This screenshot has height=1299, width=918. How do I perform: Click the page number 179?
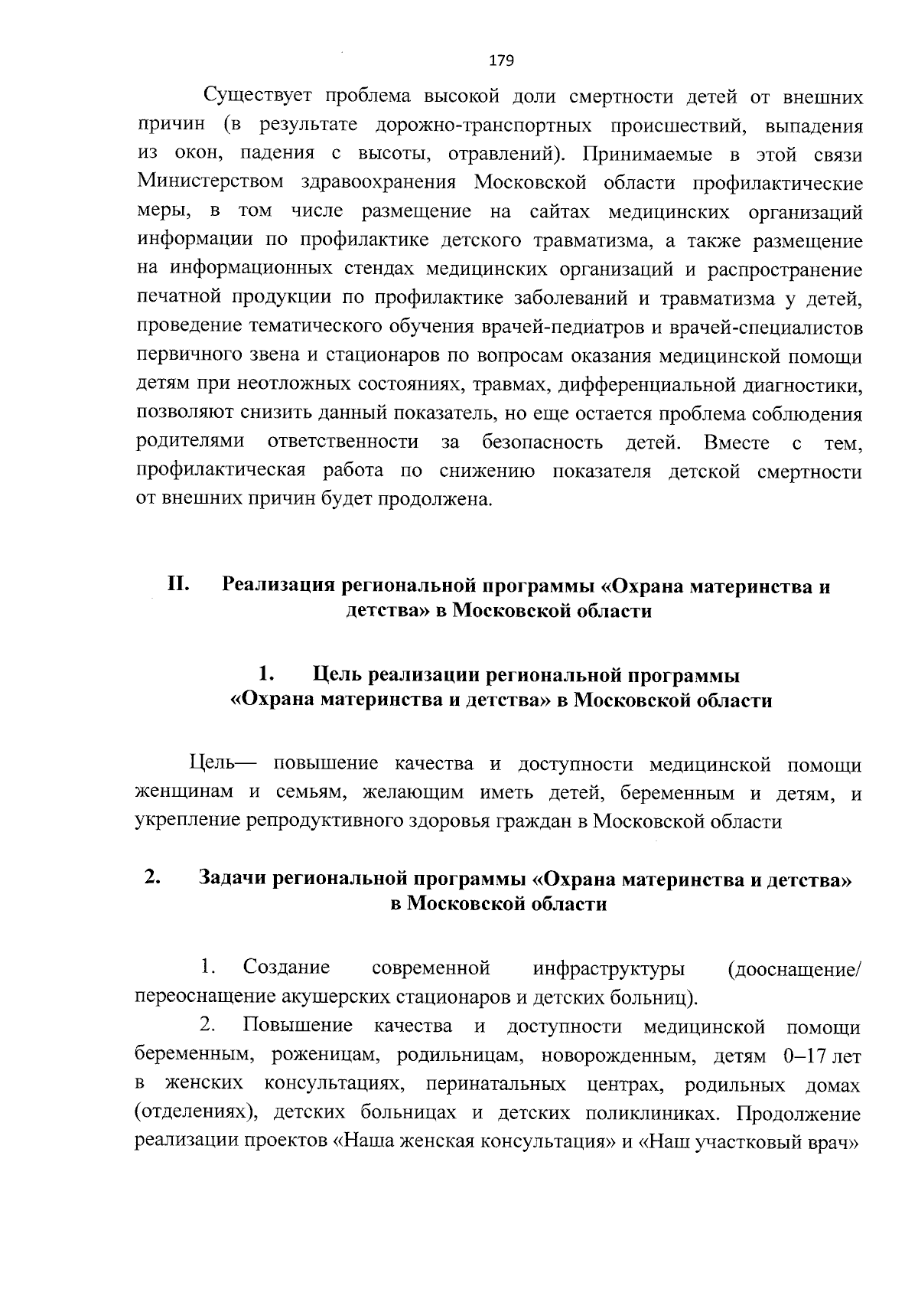pos(501,60)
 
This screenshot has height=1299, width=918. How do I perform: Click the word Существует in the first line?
pos(259,97)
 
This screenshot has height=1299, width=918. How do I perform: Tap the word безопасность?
pos(542,442)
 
